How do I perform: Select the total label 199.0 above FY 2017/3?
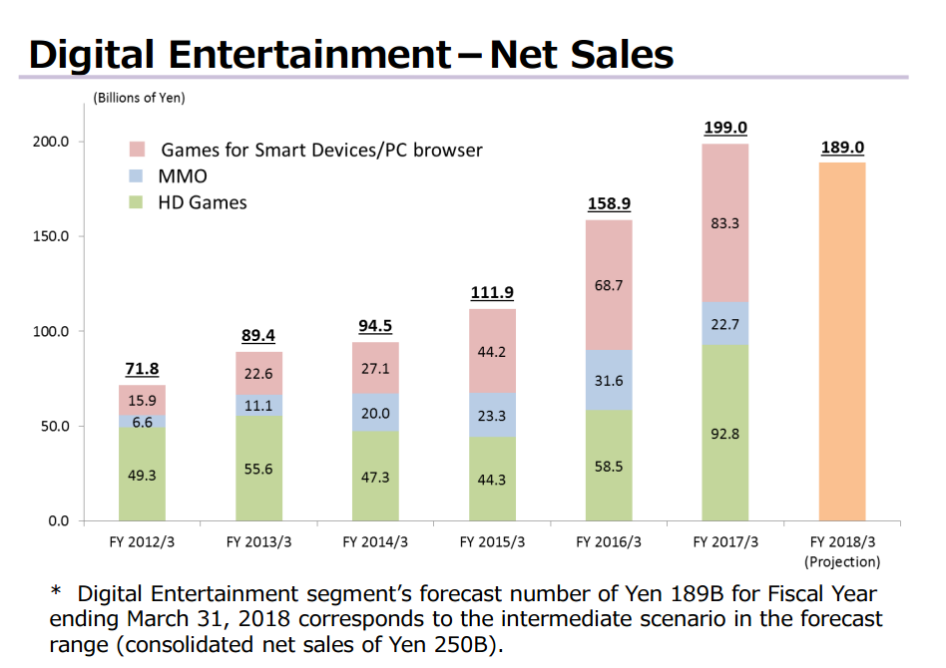click(725, 129)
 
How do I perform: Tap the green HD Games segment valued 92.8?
click(725, 433)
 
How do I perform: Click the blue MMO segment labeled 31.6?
click(609, 380)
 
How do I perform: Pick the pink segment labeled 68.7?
click(609, 285)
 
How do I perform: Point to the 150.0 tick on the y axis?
click(53, 236)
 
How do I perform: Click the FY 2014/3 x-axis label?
click(375, 542)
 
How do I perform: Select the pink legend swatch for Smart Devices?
click(138, 151)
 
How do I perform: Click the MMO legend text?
click(183, 176)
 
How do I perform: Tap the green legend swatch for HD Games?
click(138, 202)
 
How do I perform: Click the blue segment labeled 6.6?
click(142, 422)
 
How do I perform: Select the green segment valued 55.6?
click(258, 469)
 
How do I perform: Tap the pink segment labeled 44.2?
click(492, 351)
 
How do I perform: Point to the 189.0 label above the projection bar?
click(842, 148)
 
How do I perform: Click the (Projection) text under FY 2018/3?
click(842, 561)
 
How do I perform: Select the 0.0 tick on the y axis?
click(58, 521)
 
